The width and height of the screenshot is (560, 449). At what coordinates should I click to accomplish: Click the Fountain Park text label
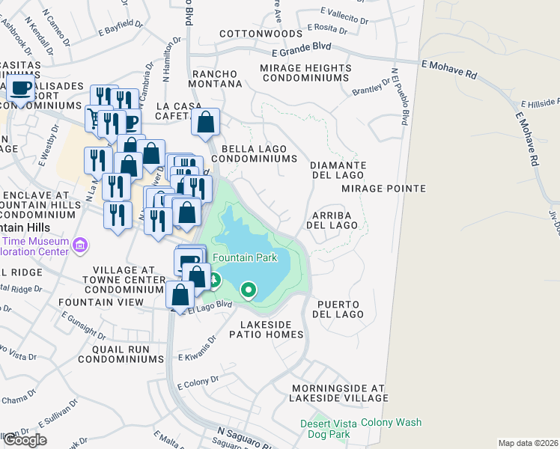point(245,257)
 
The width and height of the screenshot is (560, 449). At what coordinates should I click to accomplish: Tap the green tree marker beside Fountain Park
point(215,281)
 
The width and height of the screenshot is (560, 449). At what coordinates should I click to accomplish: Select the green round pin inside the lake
point(248,289)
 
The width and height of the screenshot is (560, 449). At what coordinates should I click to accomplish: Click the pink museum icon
point(81,245)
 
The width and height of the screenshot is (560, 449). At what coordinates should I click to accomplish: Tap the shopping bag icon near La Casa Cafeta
point(205,122)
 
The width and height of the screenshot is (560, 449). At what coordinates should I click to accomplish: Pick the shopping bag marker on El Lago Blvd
point(180,294)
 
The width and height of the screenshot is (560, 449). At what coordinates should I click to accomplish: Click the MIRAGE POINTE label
point(383,189)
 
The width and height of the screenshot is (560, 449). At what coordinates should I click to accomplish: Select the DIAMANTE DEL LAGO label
point(338,170)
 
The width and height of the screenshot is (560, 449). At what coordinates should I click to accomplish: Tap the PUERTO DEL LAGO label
point(339,309)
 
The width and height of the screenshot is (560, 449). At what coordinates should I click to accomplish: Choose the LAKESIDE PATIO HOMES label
point(272,330)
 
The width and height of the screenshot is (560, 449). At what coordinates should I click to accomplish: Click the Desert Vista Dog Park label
point(325,429)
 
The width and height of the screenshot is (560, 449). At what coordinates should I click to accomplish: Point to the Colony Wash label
point(391,423)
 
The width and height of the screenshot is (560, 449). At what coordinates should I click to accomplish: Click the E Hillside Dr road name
point(539,103)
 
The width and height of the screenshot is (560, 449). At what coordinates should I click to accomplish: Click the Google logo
point(24,440)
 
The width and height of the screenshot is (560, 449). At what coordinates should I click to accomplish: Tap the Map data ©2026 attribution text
point(528,443)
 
